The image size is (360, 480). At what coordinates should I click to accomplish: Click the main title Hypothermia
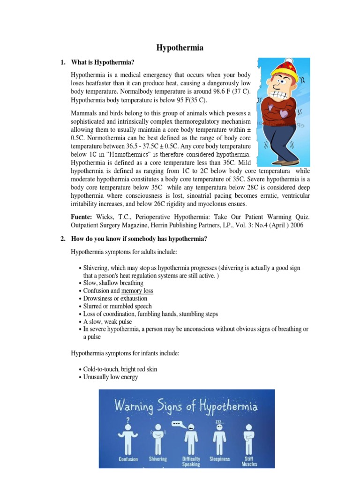(180, 47)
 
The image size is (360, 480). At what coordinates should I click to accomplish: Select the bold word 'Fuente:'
(82, 217)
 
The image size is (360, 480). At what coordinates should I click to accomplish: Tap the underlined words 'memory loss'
(137, 291)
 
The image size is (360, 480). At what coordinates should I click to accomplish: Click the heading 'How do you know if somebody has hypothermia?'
(139, 239)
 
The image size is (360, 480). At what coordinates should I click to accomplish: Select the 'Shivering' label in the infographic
(157, 459)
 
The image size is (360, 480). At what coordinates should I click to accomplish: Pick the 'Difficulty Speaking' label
(191, 462)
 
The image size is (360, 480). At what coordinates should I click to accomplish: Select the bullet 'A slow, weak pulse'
(107, 322)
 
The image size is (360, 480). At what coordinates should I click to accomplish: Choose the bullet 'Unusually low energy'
(111, 377)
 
